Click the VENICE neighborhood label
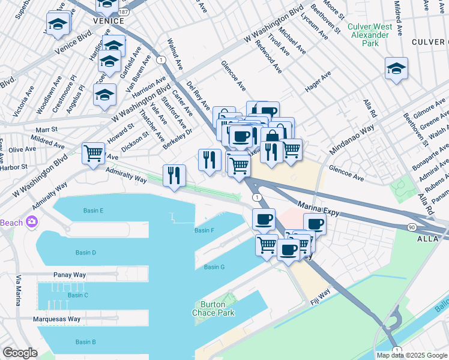pos(109,20)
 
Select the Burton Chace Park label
pos(213,308)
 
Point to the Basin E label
pos(94,211)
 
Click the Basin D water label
pos(86,253)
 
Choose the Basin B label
pos(85,342)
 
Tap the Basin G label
pos(214,267)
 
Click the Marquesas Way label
pos(56,319)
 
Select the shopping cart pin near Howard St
pos(93,153)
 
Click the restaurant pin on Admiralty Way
pos(174,176)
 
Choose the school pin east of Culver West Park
pos(396,69)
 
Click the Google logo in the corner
pos(20,353)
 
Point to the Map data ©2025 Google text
pos(411,355)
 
